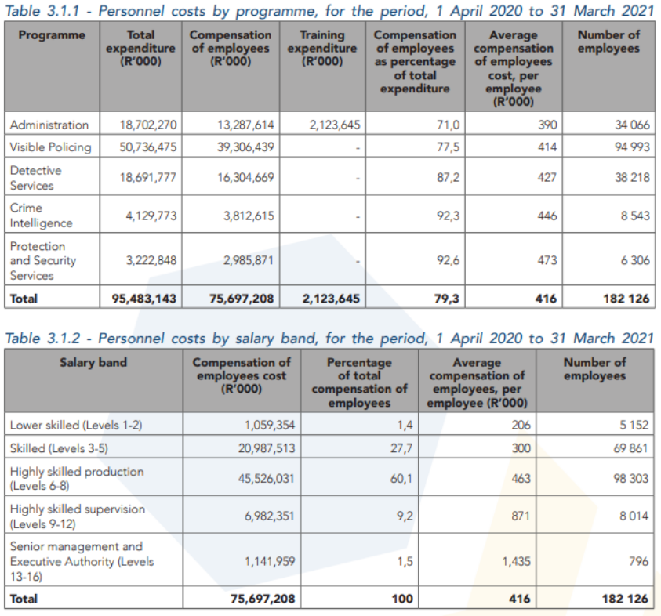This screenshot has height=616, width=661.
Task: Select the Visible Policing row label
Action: pos(50,147)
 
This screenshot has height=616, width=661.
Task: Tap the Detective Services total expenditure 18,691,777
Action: pos(148,177)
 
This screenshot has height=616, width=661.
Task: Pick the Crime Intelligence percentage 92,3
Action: pos(447,216)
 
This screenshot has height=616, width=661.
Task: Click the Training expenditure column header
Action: pos(321,48)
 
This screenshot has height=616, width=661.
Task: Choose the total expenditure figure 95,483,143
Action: pos(148,298)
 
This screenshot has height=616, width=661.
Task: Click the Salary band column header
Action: pos(93,362)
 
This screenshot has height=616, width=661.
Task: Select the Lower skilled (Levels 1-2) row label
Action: pos(76,425)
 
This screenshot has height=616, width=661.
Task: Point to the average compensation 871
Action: pos(519,516)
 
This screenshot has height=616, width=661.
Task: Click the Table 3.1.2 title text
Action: pos(329,338)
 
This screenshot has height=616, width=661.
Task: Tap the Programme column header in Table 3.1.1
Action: pos(52,35)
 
